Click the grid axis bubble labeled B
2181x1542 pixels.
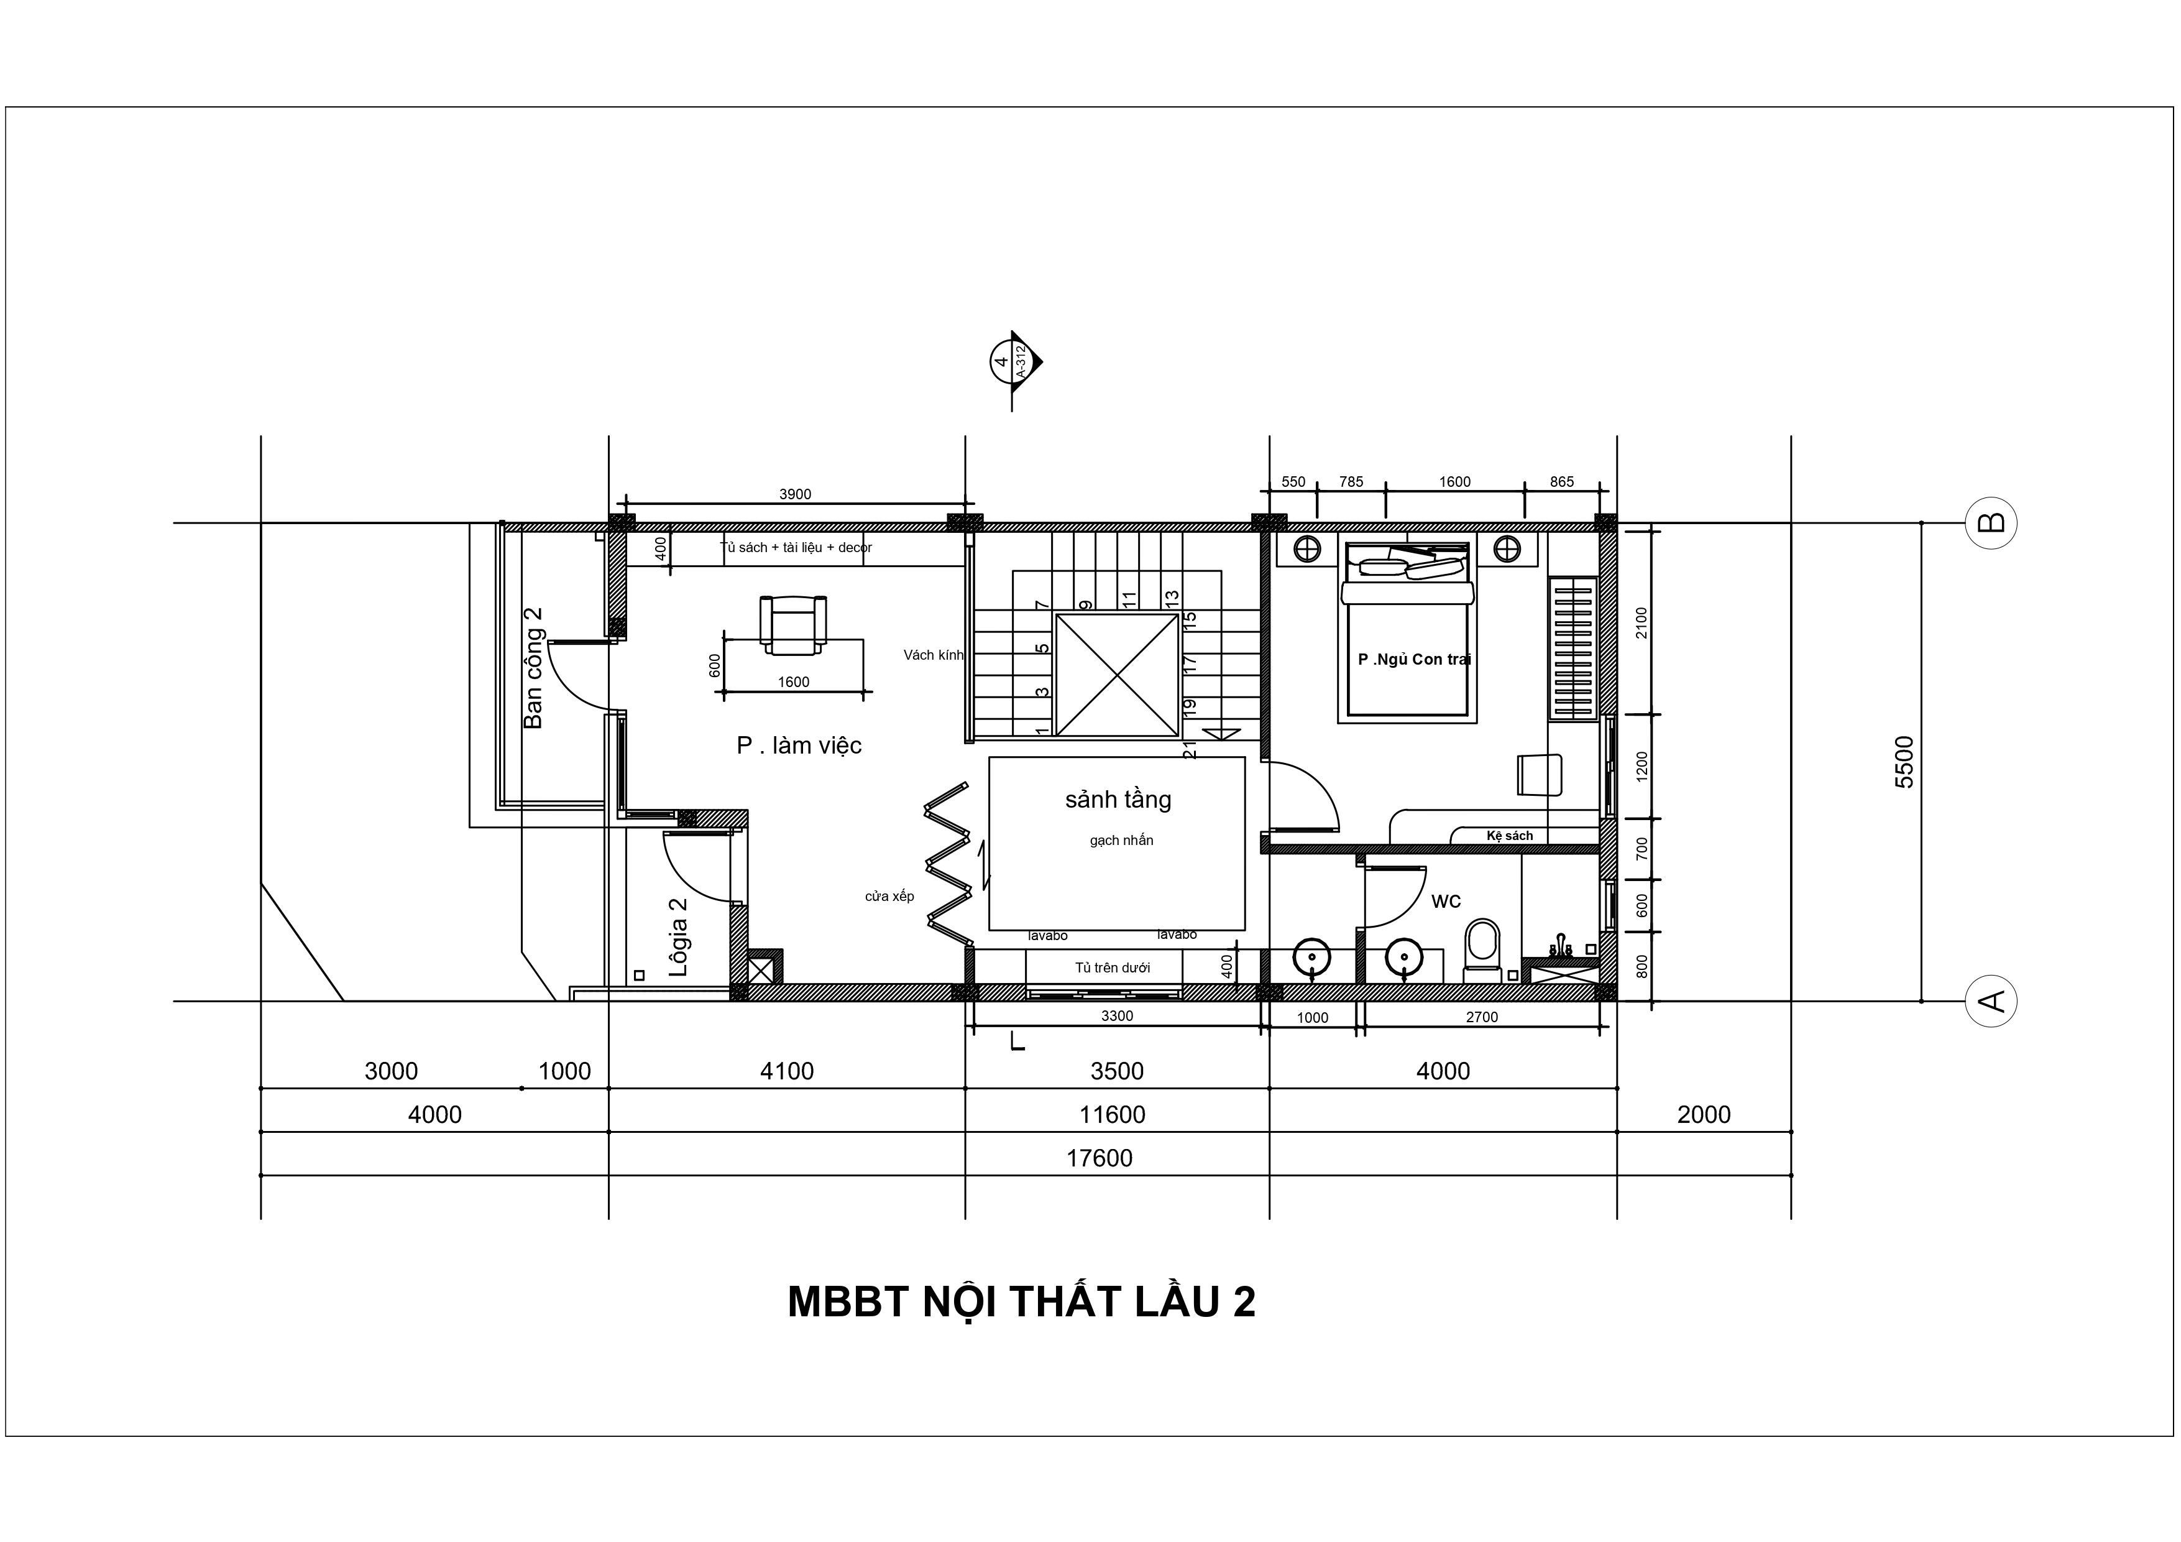click(1990, 522)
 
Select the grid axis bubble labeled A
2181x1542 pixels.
click(1990, 1000)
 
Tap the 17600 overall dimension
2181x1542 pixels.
click(1099, 1158)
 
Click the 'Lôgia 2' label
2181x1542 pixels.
click(678, 938)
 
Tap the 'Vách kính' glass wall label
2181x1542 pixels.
click(933, 655)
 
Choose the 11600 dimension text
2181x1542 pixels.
click(1113, 1114)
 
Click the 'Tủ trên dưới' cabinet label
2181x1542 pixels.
click(1113, 968)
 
